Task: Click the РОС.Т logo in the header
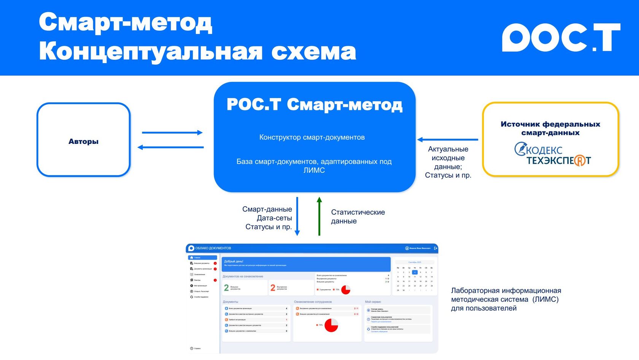click(x=561, y=37)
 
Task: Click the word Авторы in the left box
click(x=83, y=142)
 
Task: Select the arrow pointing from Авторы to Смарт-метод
click(x=172, y=132)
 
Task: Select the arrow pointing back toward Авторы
click(x=170, y=147)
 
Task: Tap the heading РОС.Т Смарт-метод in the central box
click(x=314, y=105)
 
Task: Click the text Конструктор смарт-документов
click(x=312, y=137)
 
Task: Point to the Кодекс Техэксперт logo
click(x=552, y=154)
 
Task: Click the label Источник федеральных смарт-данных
click(x=550, y=128)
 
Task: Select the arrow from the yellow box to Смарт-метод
click(x=447, y=140)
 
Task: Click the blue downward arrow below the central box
click(x=297, y=216)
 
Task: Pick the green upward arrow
click(x=319, y=216)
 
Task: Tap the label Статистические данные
click(x=358, y=217)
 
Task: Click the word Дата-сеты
click(x=274, y=218)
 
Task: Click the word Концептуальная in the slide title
click(x=151, y=51)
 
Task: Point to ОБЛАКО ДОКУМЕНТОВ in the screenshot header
click(x=213, y=248)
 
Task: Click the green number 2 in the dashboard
click(x=226, y=288)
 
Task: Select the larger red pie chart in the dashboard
click(x=331, y=325)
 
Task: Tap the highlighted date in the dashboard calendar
click(x=415, y=272)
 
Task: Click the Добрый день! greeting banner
click(x=306, y=263)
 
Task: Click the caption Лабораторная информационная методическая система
click(x=506, y=295)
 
